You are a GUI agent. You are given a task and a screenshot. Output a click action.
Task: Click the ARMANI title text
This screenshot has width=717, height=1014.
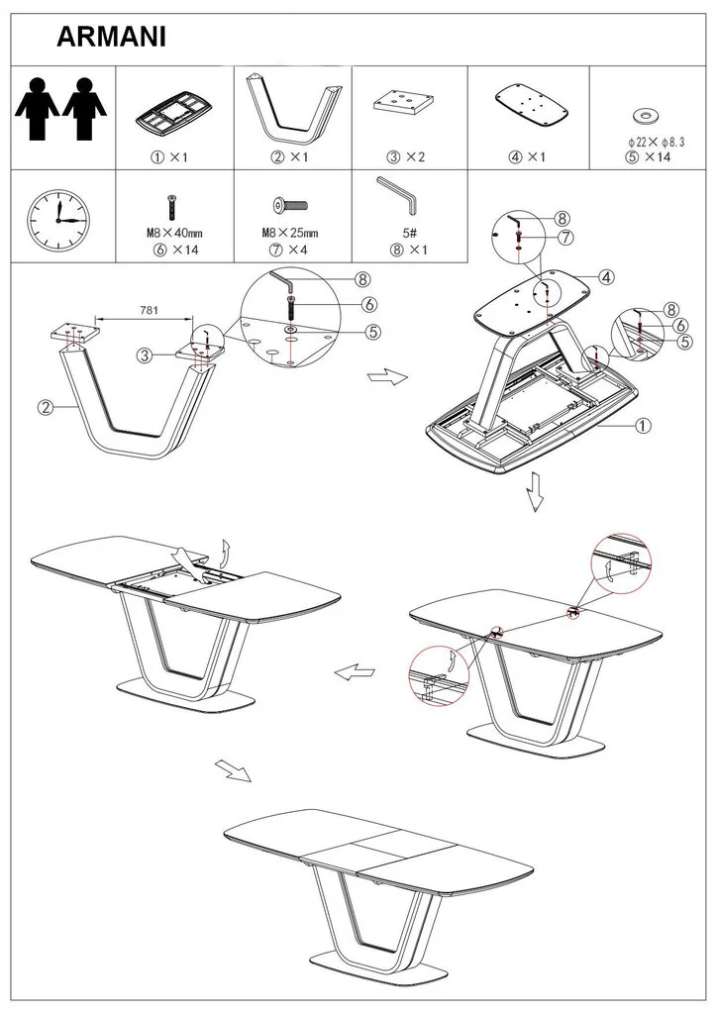point(111,37)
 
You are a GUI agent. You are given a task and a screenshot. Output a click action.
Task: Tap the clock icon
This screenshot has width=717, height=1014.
point(58,221)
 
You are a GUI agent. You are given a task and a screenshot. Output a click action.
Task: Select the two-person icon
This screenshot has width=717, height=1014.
point(60,109)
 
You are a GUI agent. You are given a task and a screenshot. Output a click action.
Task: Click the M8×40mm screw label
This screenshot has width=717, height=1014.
point(174,233)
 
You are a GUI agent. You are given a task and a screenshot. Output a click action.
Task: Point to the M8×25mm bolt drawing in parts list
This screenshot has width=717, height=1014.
point(290,207)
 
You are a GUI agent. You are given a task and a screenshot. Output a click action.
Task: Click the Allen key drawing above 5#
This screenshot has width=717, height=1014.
point(398,194)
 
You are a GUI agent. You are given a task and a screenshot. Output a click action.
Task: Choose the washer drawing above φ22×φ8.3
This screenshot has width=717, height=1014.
point(646,117)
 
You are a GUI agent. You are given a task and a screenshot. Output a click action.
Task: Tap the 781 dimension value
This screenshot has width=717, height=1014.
point(149,310)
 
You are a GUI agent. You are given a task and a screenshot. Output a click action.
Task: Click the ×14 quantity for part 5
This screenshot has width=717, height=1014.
point(658,156)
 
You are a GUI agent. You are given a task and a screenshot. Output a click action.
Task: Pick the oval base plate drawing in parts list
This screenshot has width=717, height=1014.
point(532,106)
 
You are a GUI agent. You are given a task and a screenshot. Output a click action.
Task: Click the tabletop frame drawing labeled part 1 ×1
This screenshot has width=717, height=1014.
point(173,112)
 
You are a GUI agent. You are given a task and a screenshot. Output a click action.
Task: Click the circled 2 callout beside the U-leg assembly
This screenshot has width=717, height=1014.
point(46,407)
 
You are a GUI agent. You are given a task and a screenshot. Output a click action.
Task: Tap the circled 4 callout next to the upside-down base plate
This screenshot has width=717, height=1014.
point(606,277)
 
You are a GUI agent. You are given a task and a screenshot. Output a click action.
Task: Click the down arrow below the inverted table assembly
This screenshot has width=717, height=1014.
point(535,491)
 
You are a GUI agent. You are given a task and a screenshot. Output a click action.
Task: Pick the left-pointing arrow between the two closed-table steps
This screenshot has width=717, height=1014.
point(355,672)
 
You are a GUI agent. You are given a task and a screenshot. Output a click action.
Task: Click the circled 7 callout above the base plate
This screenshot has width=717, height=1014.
point(565,238)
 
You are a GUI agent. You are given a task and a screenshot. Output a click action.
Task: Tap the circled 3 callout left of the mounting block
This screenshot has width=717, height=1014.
point(145,355)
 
